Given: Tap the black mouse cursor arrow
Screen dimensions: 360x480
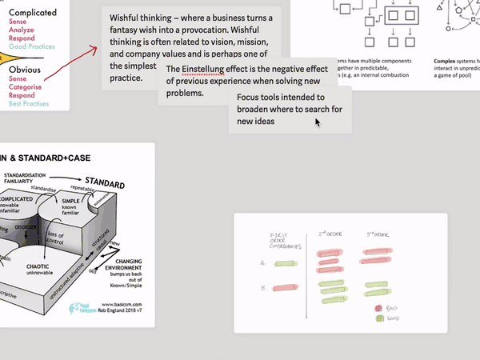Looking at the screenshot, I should (318, 122).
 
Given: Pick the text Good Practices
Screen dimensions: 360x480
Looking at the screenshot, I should (32, 46).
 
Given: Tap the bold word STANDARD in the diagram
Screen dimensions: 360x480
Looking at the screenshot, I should (105, 185).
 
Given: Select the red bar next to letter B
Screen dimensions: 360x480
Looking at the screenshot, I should (284, 287).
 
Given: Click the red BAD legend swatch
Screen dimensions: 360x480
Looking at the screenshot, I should (378, 308).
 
